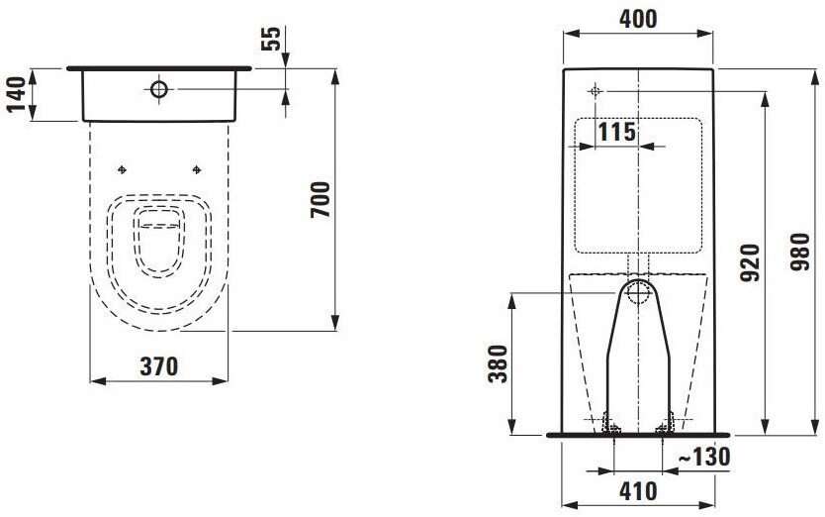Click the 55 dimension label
[271, 39]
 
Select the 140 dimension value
[16, 94]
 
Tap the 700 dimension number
[321, 200]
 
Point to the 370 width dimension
[159, 366]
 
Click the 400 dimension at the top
[638, 19]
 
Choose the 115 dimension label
[617, 132]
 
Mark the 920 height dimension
[750, 262]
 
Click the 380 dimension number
[498, 363]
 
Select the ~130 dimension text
[704, 457]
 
